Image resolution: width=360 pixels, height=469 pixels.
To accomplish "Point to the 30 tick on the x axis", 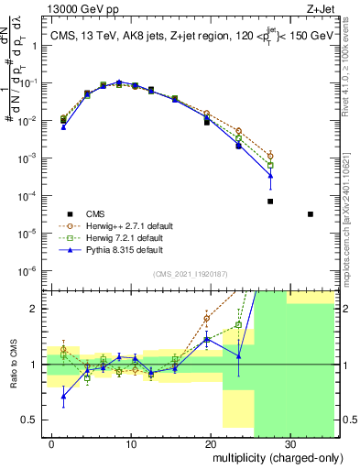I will (289, 443).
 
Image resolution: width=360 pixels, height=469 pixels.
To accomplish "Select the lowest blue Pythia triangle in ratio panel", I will (63, 396).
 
